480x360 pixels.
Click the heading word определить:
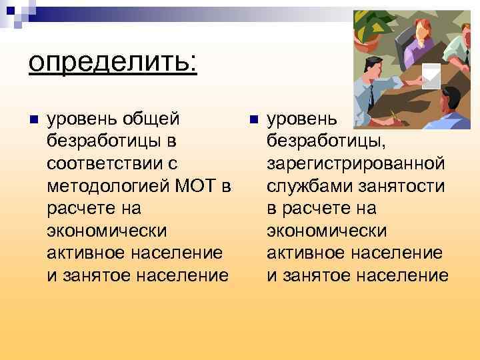pyautogui.click(x=112, y=63)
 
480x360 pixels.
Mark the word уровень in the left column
pyautogui.click(x=83, y=119)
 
